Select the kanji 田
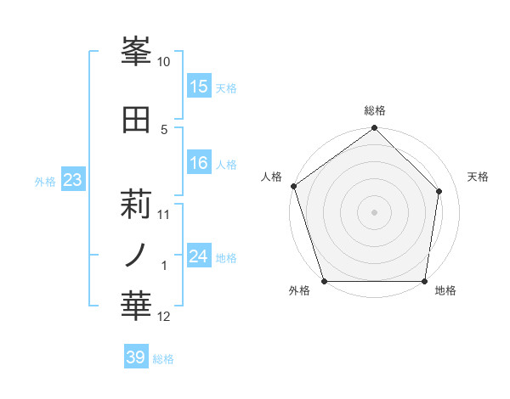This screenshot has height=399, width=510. coord(137,119)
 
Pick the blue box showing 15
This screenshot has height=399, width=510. coord(199,87)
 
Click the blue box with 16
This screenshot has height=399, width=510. coord(199,163)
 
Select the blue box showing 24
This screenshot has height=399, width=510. coord(199,256)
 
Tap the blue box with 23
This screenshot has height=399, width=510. coord(73,180)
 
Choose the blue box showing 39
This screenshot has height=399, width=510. coord(136,357)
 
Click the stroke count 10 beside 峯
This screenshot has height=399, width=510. coord(164,62)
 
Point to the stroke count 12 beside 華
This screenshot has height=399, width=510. coord(164,317)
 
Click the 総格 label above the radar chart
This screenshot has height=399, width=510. coord(375,110)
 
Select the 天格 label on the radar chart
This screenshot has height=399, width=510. coord(479,177)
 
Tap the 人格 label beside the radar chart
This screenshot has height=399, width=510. coord(271,177)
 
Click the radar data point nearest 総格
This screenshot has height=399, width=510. coord(374,128)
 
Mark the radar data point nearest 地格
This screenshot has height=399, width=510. coord(425,281)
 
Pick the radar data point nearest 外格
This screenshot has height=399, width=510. coord(324,281)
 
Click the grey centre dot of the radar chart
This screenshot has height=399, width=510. coord(374,211)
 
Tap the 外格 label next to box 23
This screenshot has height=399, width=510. coord(45,181)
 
